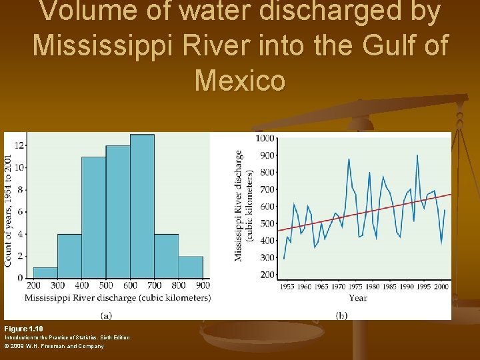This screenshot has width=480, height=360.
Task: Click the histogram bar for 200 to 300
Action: (45, 273)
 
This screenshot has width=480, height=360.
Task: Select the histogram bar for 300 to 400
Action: (69, 256)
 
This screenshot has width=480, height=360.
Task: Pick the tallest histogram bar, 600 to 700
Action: (142, 207)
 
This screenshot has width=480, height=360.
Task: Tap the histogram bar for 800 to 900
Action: (191, 267)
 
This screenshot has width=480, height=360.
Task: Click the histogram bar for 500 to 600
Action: (118, 212)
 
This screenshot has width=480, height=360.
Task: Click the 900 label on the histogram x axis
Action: (203, 285)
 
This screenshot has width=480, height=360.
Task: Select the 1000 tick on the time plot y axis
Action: (265, 138)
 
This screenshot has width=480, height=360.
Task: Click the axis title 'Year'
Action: (357, 297)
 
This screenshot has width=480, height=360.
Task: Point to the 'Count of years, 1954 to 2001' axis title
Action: (8, 211)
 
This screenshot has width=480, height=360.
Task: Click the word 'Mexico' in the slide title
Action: (240, 81)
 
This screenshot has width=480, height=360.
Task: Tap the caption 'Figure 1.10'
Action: (23, 329)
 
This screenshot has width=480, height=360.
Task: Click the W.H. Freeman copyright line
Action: (54, 346)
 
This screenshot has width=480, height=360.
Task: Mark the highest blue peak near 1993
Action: (417, 155)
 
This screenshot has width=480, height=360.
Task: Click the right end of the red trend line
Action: (451, 194)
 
